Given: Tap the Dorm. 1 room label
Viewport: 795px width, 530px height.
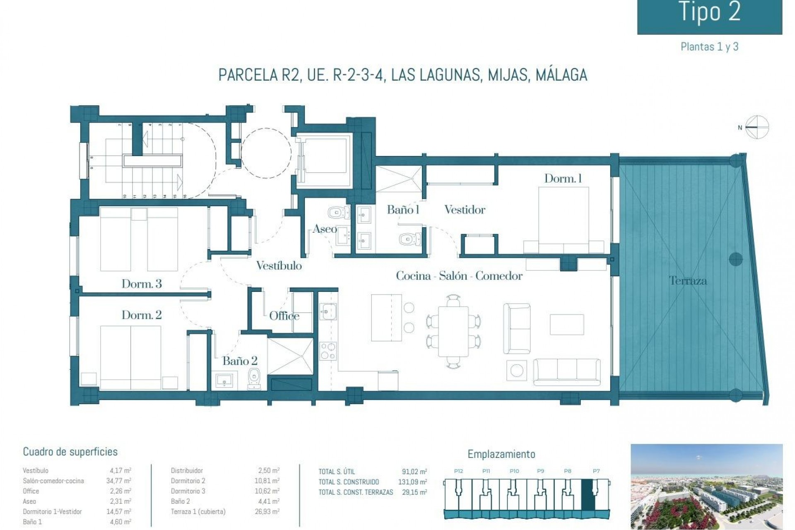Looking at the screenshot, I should click(563, 178).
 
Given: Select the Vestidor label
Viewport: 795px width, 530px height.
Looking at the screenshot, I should click(465, 210).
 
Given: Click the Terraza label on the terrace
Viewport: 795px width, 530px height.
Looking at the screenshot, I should click(688, 281).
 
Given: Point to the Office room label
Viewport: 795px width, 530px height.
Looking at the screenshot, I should click(284, 316).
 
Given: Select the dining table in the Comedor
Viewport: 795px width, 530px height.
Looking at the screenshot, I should click(453, 331).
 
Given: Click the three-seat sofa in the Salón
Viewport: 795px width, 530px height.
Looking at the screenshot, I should click(566, 369).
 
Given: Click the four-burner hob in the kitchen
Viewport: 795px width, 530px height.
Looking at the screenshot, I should click(328, 351).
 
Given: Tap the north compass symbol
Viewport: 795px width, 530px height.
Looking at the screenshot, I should click(757, 127).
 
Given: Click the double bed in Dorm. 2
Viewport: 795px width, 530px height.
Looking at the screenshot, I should click(131, 357).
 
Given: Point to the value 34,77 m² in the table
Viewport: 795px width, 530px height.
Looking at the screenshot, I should click(118, 481).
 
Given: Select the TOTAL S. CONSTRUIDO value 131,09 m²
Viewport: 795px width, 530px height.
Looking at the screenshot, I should click(414, 482).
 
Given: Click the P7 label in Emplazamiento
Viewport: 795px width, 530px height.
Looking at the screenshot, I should click(596, 471).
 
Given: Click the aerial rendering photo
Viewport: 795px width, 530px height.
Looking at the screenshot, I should click(706, 485).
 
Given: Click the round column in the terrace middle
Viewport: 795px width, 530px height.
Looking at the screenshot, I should click(735, 259).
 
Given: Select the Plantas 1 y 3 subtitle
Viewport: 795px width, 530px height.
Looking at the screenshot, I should click(709, 47).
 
